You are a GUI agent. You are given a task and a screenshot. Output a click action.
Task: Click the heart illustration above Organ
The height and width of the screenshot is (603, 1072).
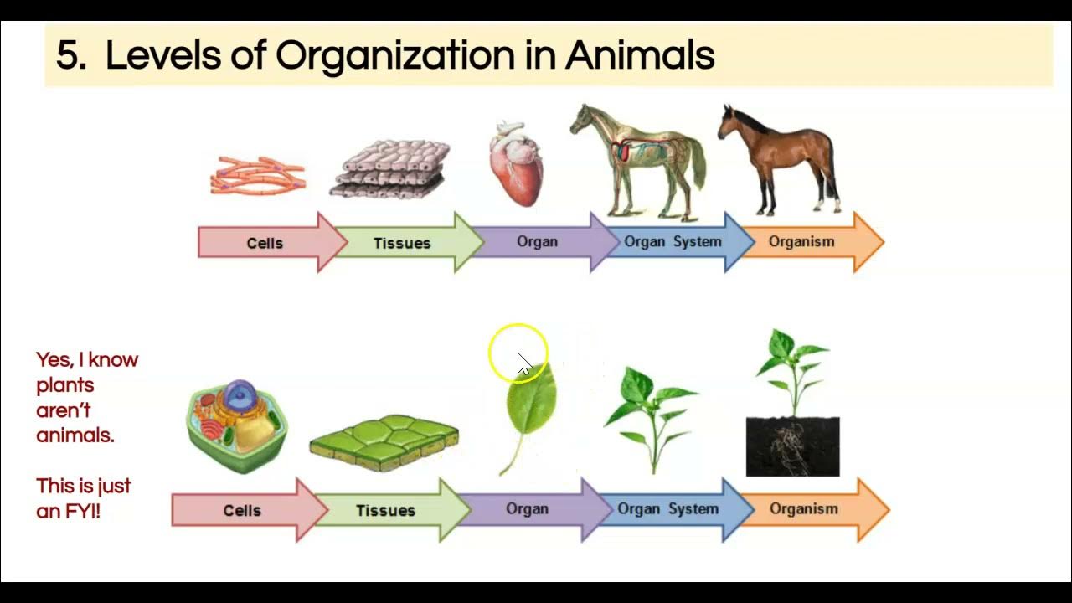click(516, 166)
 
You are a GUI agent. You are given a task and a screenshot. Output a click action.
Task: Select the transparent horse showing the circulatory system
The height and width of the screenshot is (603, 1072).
click(641, 159)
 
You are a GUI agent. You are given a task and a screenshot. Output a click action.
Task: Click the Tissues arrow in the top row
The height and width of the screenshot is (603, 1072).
click(402, 243)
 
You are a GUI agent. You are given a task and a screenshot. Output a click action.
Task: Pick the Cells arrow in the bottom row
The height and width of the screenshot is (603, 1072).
click(242, 510)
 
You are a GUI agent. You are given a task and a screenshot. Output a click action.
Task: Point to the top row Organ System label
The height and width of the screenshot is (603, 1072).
click(673, 241)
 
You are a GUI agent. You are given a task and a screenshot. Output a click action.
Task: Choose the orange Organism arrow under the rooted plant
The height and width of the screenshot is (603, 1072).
click(804, 508)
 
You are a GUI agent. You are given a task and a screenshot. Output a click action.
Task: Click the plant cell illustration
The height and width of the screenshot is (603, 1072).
click(237, 425)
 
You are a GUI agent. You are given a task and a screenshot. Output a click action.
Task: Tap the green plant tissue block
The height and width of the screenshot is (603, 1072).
click(384, 442)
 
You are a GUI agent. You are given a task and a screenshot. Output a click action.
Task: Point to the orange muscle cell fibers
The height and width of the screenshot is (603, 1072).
click(258, 176)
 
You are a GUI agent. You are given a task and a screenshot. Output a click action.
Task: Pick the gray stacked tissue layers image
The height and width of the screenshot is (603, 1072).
click(390, 169)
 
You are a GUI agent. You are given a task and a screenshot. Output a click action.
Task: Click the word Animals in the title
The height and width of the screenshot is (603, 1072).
click(640, 56)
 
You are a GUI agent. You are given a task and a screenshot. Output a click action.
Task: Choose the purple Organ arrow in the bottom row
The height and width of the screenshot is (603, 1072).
click(527, 508)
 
